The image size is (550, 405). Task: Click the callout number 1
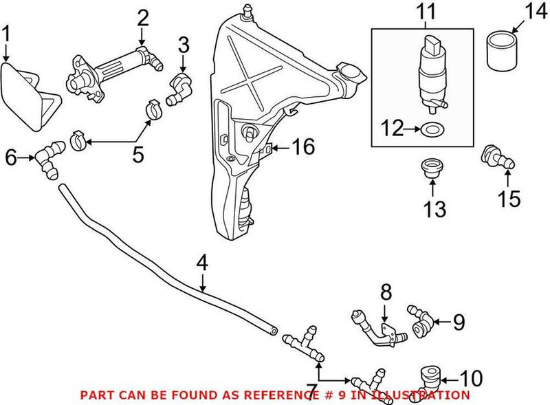click(6, 33)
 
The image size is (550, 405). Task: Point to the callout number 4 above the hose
click(201, 263)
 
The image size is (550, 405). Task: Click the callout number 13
click(434, 207)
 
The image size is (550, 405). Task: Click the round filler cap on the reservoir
click(349, 71)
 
